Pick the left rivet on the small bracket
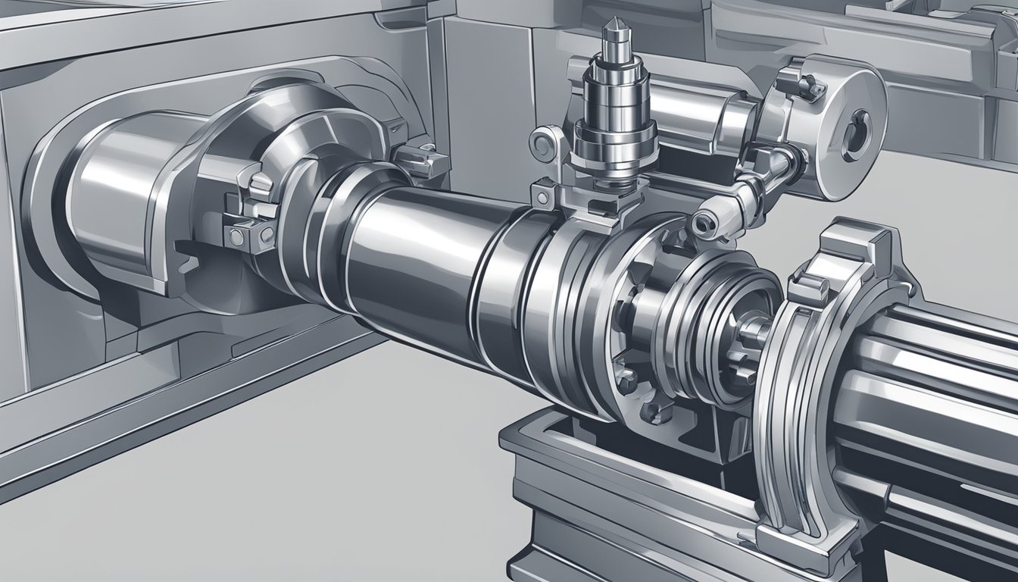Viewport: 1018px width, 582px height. (236, 236)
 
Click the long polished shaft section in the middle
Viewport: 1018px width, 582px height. (413, 250)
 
